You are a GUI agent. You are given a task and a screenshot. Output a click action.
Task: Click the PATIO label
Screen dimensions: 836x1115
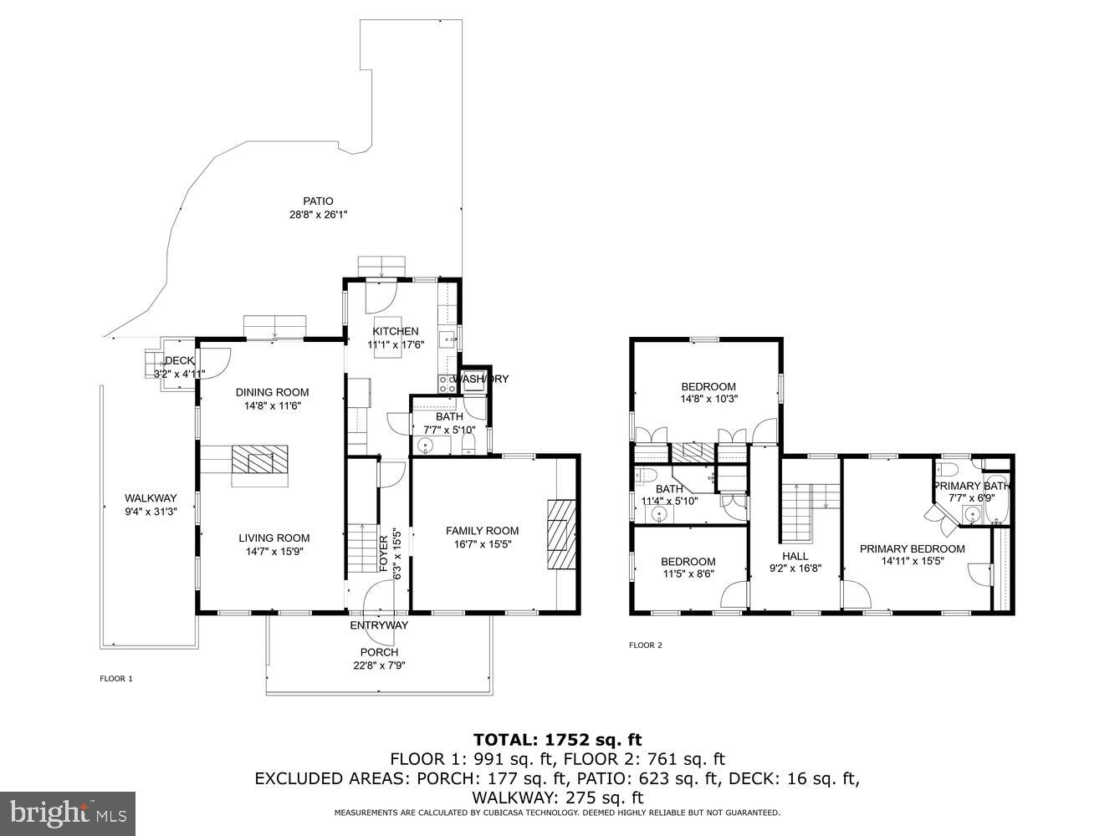point(318,201)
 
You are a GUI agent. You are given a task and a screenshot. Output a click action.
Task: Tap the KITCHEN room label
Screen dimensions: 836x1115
point(396,331)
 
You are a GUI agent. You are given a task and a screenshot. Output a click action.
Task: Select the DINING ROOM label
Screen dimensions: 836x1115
point(272,392)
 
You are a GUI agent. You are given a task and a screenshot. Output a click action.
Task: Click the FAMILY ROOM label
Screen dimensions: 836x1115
point(482,531)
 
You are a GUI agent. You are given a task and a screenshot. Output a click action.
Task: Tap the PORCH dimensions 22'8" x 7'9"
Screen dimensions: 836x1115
point(379,666)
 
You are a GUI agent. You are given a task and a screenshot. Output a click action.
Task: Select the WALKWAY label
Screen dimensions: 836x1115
point(151,498)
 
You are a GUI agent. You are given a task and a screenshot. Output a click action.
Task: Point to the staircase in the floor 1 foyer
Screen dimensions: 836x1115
point(362,548)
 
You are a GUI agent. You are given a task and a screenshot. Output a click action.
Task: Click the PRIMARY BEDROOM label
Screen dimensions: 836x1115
point(913,549)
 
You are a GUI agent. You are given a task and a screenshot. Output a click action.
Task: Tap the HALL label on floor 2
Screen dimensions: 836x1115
point(795,556)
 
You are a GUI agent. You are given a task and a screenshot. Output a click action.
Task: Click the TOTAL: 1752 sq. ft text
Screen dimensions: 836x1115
point(557,739)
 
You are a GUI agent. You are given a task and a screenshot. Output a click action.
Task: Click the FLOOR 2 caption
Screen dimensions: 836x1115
point(646,645)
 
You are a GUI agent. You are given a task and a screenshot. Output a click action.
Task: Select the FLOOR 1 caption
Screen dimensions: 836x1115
point(116,679)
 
